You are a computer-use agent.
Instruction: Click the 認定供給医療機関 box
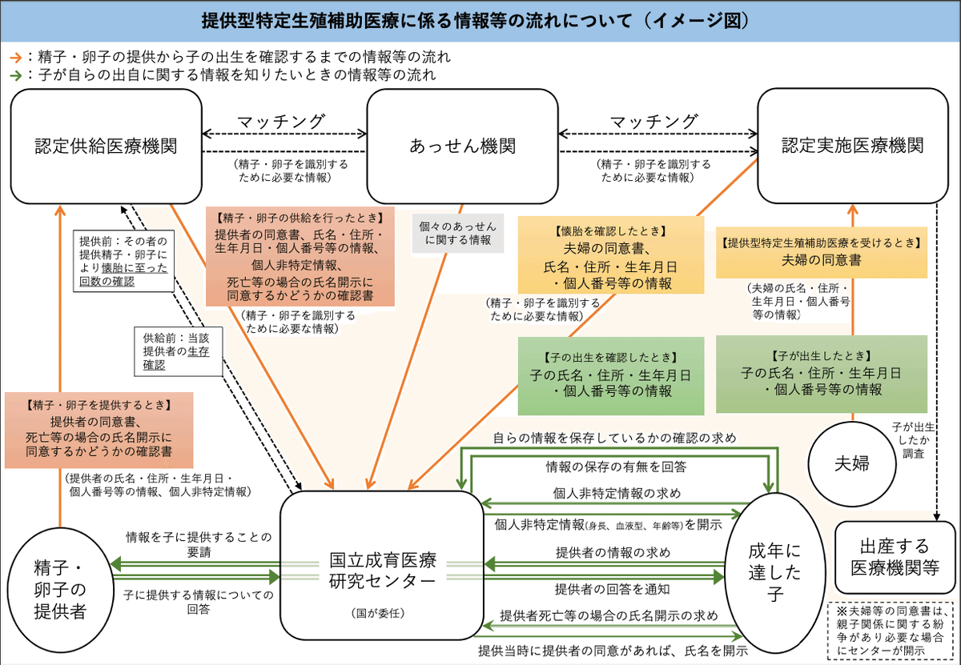106,146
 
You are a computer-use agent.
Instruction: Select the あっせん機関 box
462,146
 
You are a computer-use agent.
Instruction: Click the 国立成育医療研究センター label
383,569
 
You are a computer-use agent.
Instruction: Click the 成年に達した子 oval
774,572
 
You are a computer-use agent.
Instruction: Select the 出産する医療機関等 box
895,558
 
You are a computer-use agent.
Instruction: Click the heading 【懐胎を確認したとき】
607,230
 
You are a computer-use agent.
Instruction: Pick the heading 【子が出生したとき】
820,355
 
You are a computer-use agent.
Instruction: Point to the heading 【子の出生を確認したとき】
610,356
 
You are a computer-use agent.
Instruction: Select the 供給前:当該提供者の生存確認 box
176,351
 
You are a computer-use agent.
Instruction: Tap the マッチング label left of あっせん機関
279,122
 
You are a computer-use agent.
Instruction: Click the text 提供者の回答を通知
612,589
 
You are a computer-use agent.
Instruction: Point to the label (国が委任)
381,614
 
